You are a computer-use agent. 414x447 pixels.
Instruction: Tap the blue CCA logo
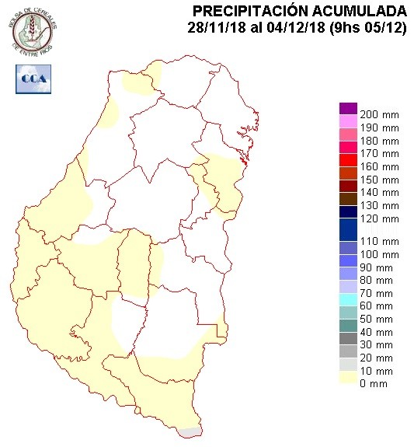32,78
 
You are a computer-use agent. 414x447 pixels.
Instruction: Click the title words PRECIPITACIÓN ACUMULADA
299,11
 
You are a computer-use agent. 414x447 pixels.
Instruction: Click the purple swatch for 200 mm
348,108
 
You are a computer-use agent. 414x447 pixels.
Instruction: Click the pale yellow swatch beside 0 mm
348,378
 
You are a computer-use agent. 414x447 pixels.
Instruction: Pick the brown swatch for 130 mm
348,198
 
